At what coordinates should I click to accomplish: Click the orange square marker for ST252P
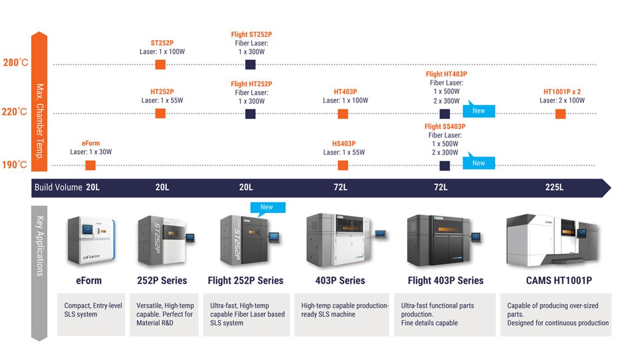coord(160,65)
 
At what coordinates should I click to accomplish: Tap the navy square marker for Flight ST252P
coord(250,65)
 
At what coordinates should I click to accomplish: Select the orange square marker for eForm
coord(90,166)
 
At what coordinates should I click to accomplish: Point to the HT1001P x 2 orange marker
coord(560,114)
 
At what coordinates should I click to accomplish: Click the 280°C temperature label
coord(15,62)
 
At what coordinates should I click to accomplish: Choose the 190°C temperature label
coord(15,165)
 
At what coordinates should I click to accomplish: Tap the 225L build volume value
coord(554,187)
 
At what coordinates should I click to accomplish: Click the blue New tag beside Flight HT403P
coord(479,110)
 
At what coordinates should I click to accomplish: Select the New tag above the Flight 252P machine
coord(267,207)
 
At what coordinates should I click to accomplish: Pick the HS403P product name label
coord(344,144)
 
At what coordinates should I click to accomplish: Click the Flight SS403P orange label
coord(445,127)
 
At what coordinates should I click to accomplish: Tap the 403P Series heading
coord(340,280)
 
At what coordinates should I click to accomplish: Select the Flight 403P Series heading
coord(445,280)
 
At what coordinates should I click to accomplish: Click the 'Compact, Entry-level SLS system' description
coord(93,310)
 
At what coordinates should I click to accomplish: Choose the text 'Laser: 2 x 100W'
coord(562,101)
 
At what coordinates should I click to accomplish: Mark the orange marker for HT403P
coord(343,114)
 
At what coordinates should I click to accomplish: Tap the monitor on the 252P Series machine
coord(189,237)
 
